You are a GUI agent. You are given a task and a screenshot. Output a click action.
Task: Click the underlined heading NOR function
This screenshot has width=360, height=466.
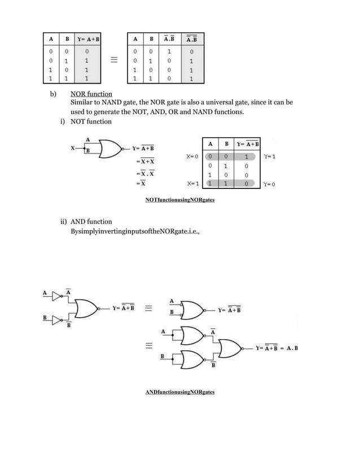coord(91,94)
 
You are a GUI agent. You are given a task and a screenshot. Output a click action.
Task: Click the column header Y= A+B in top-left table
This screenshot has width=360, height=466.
coord(86,39)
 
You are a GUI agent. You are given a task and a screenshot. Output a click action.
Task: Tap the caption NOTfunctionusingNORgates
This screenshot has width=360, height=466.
coord(179,200)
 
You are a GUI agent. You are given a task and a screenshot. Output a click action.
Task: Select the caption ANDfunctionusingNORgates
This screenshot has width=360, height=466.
coord(179,392)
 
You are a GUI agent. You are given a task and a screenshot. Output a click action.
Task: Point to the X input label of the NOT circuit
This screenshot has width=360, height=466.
coord(72,149)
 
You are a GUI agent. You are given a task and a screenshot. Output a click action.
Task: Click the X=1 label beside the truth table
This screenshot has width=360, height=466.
coord(192,184)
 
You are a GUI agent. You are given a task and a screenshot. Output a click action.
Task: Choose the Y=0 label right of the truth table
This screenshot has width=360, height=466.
coord(269,184)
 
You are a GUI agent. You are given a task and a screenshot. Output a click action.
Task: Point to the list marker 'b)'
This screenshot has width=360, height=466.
coord(53,94)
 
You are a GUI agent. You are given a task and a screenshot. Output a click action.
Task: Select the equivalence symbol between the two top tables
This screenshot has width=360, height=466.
coord(113,60)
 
